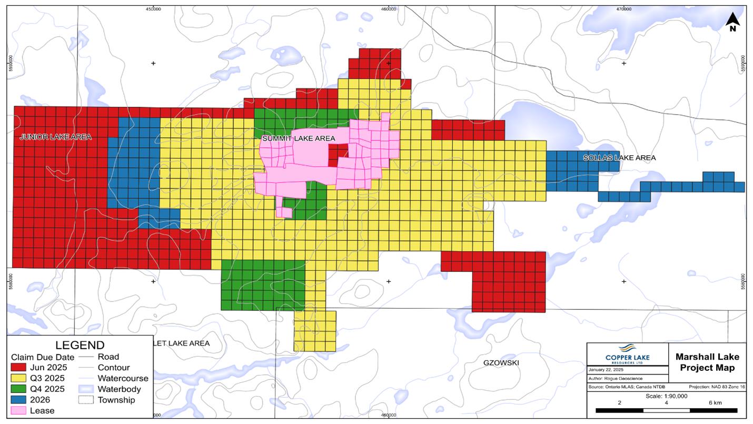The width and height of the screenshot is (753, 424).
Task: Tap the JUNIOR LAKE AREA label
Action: click(x=56, y=137)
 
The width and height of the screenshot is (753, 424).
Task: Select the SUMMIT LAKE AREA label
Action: click(x=298, y=138)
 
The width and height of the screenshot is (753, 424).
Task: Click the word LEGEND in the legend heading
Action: click(x=80, y=346)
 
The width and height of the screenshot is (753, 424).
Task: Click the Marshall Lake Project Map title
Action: click(x=707, y=362)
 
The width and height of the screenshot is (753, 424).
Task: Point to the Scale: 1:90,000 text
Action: click(x=666, y=396)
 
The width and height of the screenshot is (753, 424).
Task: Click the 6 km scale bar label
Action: click(x=715, y=403)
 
